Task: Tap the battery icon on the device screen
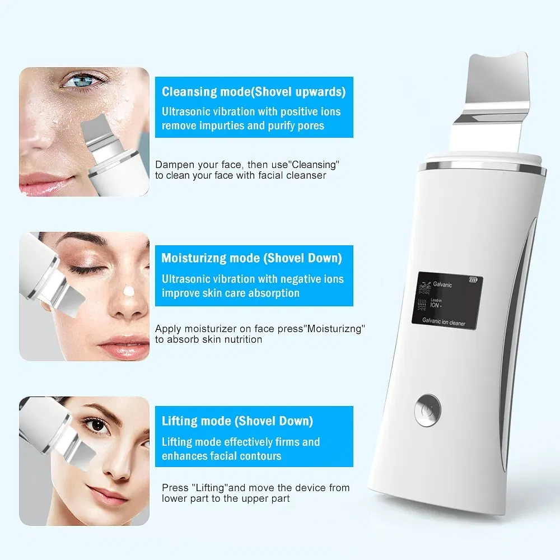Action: coord(474,281)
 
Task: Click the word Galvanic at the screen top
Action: coord(442,284)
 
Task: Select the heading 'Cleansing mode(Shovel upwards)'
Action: coord(254,92)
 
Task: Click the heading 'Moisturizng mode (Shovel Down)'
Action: coord(251,258)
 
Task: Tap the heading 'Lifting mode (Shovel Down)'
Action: coord(237,421)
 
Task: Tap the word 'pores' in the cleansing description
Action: coord(310,125)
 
